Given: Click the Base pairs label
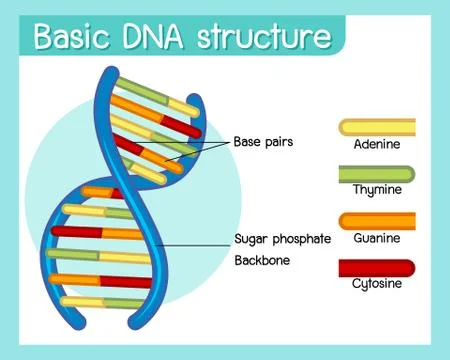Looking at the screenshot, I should pos(263,141).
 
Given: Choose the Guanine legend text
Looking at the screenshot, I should pos(376,237).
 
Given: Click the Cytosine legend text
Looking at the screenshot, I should pos(376,284).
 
